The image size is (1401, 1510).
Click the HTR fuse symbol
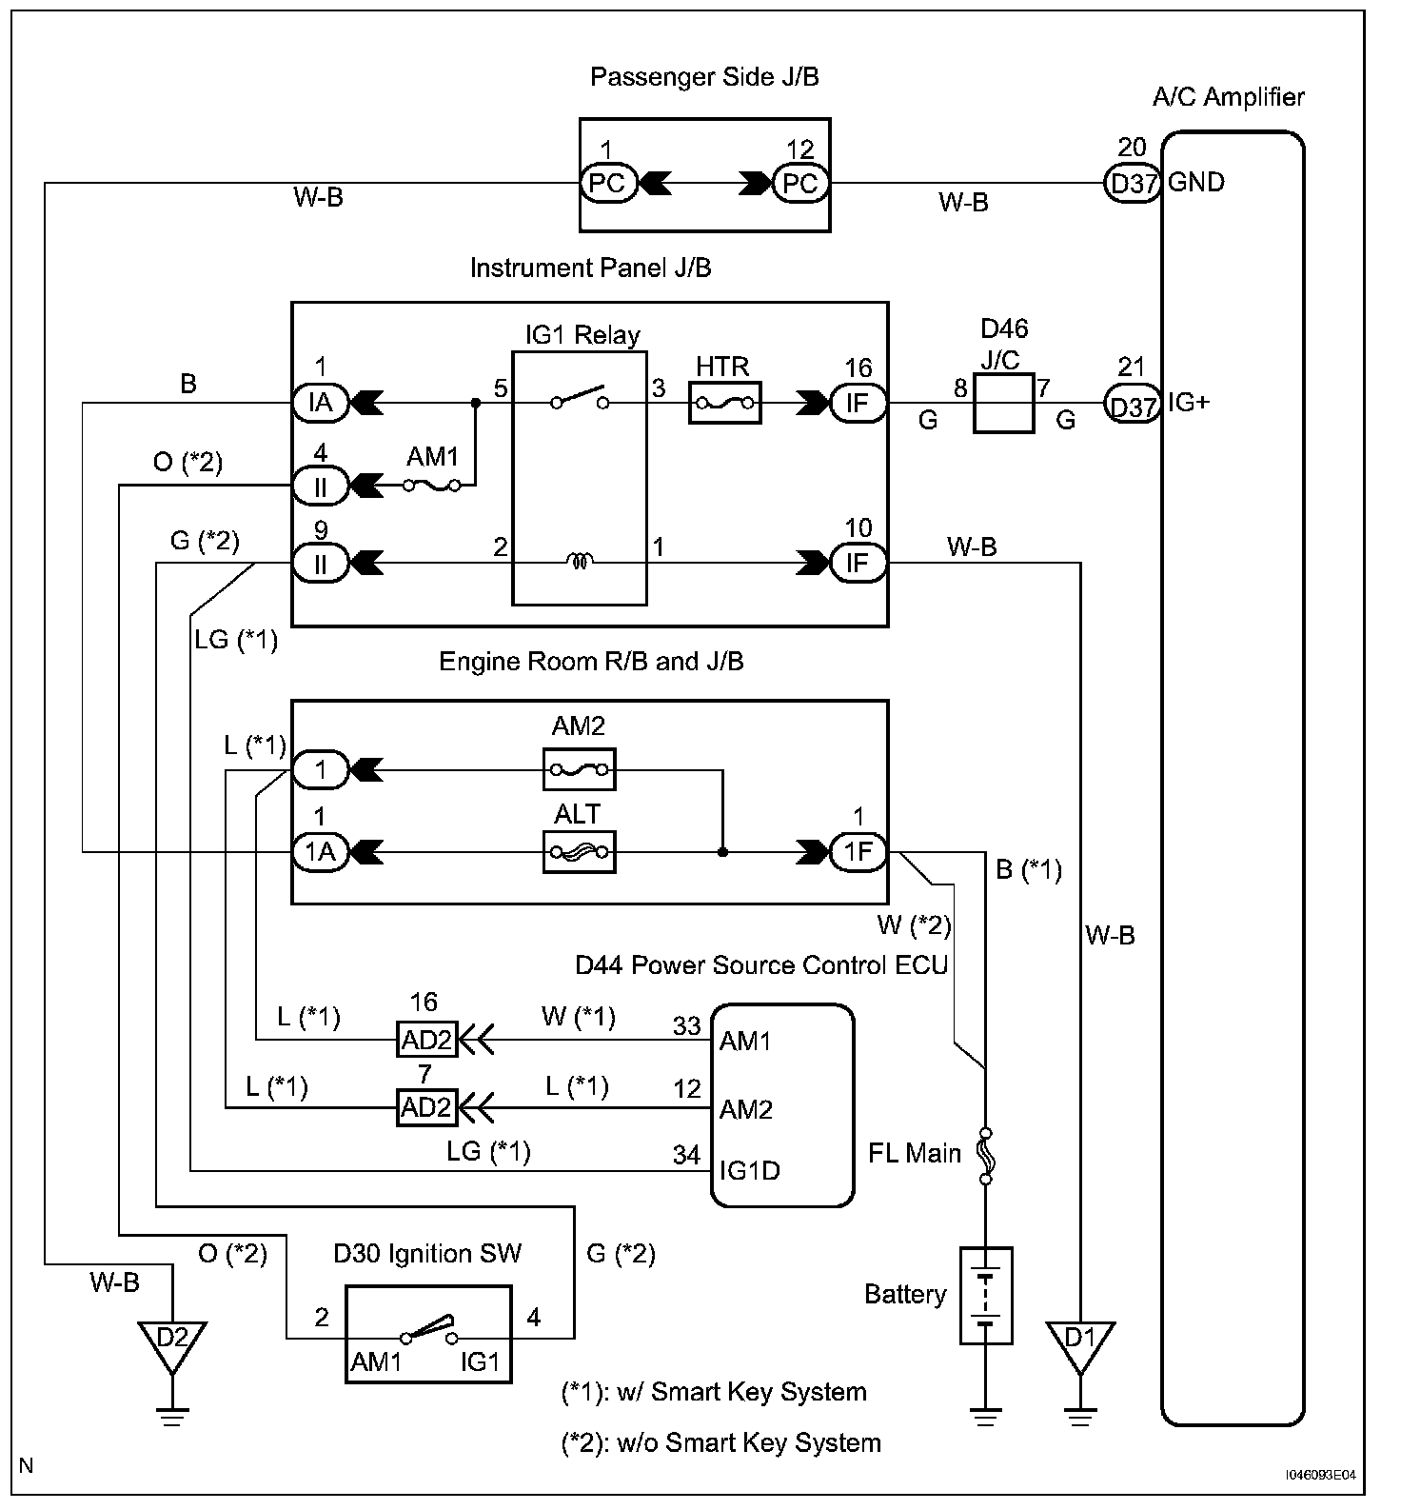[723, 404]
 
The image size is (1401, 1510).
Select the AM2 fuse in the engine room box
[579, 768]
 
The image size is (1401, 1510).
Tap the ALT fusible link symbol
[579, 852]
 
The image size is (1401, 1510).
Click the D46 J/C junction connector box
[1003, 404]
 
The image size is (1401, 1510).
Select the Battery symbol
[985, 1295]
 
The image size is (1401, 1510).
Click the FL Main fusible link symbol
[985, 1155]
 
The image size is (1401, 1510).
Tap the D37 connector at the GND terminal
[1133, 183]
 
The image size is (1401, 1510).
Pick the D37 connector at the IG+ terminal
[1133, 405]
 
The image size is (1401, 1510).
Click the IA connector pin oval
[321, 404]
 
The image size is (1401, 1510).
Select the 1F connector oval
[858, 851]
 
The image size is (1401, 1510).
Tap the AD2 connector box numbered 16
[425, 1040]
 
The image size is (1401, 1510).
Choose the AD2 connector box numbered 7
[425, 1108]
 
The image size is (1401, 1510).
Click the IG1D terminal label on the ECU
[749, 1170]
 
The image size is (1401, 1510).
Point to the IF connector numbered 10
[858, 563]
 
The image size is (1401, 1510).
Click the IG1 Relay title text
[582, 335]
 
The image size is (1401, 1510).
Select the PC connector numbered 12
[800, 183]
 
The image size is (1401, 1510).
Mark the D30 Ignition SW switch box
[427, 1334]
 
